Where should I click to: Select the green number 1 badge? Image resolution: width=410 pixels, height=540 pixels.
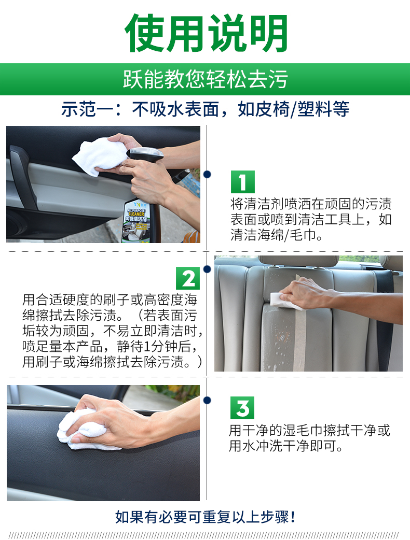click(242, 182)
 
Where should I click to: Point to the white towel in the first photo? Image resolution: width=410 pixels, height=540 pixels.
click(99, 155)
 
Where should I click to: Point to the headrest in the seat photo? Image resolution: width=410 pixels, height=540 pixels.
click(298, 261)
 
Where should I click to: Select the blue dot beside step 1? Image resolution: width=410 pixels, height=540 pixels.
click(207, 175)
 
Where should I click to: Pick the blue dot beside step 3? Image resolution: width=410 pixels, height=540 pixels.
click(207, 400)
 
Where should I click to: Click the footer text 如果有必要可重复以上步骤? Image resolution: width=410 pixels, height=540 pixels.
click(205, 517)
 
